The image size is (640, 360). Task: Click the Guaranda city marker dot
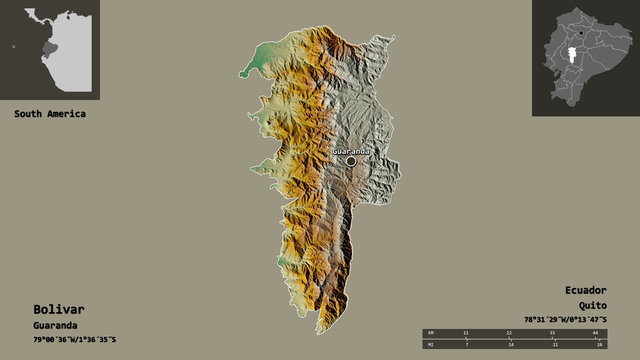click(x=351, y=160)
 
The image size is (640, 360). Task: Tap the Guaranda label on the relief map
click(x=351, y=151)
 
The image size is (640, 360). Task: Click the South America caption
click(x=50, y=114)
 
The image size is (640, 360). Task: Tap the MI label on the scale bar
click(x=430, y=344)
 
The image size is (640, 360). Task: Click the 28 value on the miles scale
click(x=596, y=344)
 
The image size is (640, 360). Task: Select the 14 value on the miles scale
click(x=509, y=344)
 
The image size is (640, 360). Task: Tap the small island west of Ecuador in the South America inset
click(x=14, y=46)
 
